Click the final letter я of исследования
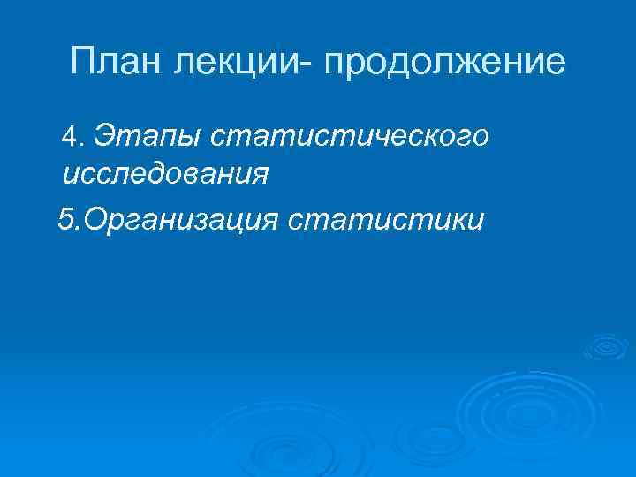click(260, 174)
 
